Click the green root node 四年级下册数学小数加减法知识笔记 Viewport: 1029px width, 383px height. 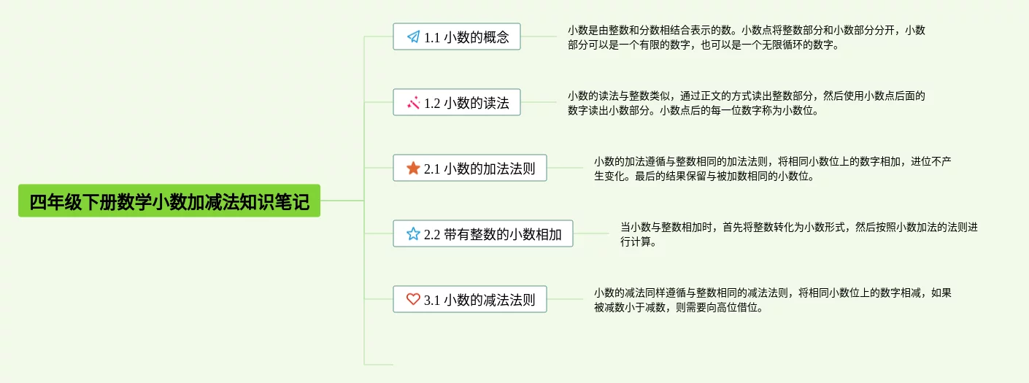pos(169,201)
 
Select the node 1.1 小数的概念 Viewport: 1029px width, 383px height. pos(457,36)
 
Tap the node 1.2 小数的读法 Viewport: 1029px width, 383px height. pos(457,102)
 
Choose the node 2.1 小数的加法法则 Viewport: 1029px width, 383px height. pos(470,168)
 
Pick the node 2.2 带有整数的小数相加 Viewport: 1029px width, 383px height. pos(483,233)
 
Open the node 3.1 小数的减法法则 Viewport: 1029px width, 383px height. pos(470,299)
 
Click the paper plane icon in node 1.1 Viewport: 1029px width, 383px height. pos(413,36)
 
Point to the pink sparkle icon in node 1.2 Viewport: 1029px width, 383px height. pos(413,102)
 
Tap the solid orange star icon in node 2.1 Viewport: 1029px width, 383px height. pos(413,168)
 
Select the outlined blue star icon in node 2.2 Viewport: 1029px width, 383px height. pos(413,233)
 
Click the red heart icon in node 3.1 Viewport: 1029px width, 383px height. pos(413,299)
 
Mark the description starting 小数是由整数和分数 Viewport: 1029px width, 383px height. pos(746,37)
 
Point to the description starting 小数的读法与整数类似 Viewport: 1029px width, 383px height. pos(746,103)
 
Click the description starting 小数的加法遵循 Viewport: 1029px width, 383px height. pos(772,169)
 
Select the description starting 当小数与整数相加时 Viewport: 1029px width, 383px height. pos(798,234)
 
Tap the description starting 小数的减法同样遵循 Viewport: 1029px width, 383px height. pos(772,300)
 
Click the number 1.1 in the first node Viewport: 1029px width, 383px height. pos(432,37)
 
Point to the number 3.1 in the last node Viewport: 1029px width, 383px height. pos(432,300)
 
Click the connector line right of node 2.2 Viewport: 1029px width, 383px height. pos(591,233)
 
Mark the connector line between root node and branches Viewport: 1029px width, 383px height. pos(342,201)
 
